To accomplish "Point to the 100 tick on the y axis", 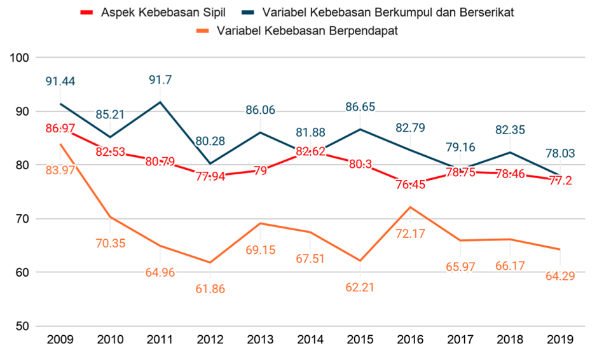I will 22,58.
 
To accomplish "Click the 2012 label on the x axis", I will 210,340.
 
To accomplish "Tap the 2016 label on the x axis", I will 410,340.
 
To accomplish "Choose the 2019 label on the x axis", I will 559,340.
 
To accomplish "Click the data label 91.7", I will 160,80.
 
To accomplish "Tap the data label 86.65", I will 360,106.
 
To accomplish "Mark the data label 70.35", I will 111,243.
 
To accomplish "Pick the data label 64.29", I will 559,277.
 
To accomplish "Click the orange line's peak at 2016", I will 410,207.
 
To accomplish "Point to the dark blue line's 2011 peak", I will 160,102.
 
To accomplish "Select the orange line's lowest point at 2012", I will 210,262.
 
